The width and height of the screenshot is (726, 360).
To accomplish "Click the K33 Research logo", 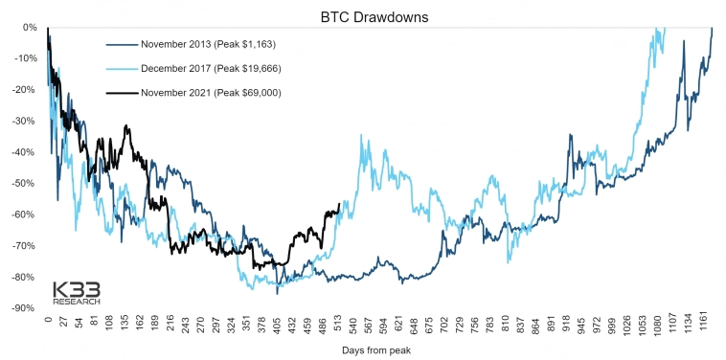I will click(77, 292).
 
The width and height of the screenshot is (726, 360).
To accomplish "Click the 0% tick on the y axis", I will click(29, 27).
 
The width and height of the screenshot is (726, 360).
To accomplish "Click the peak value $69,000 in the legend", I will click(252, 93).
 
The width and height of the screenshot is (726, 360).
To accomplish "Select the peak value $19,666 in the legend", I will click(252, 68).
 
